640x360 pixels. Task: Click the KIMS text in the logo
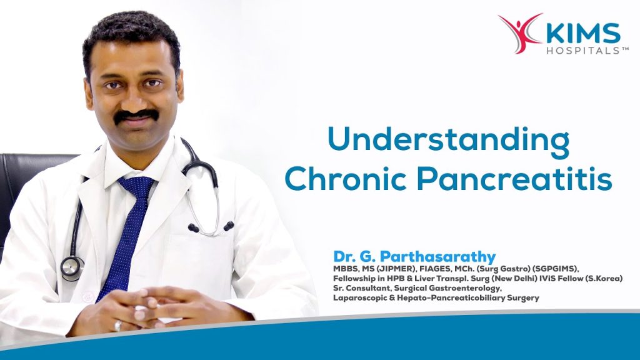[x=583, y=34]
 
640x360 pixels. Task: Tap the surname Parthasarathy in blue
[x=437, y=257]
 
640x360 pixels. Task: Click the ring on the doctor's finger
[x=118, y=325]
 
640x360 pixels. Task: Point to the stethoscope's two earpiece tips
[x=211, y=227]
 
